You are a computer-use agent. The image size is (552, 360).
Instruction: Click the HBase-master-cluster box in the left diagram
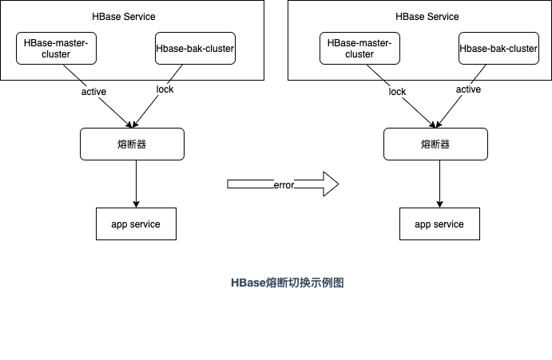(x=56, y=49)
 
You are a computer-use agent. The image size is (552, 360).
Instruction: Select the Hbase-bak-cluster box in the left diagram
(x=195, y=49)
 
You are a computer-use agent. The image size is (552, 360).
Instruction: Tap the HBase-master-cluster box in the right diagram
(x=359, y=49)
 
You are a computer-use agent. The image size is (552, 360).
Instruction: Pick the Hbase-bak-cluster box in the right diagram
(x=498, y=49)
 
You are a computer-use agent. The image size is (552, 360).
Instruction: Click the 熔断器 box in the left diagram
(x=132, y=144)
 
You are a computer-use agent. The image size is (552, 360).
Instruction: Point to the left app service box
(x=135, y=224)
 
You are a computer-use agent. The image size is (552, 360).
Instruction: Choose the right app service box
(x=439, y=224)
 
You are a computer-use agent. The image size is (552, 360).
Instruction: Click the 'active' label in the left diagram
(x=93, y=92)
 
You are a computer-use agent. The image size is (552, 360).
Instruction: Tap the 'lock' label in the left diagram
(x=165, y=89)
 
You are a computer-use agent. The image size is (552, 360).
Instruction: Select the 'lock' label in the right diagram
(x=397, y=92)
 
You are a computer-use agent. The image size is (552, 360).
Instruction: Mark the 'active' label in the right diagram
(x=468, y=89)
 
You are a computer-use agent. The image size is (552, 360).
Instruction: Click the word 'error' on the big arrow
(x=284, y=185)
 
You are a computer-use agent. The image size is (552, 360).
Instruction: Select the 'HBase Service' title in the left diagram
(x=124, y=17)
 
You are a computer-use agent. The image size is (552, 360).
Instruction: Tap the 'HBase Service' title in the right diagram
(x=427, y=17)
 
